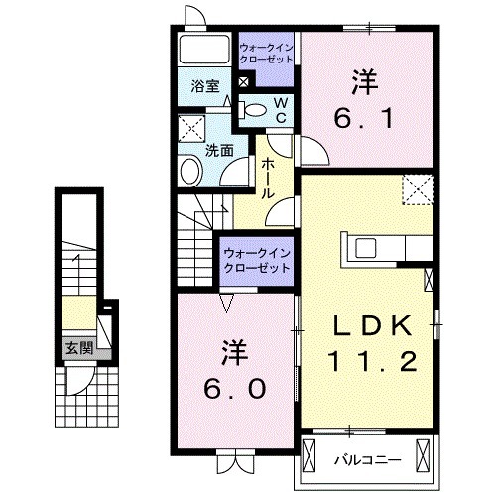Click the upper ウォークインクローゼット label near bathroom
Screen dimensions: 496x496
[x=266, y=52]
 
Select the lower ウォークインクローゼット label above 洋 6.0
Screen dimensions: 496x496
[x=256, y=261]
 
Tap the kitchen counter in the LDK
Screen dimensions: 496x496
[x=387, y=245]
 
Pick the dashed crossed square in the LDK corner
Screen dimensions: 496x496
[x=418, y=189]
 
